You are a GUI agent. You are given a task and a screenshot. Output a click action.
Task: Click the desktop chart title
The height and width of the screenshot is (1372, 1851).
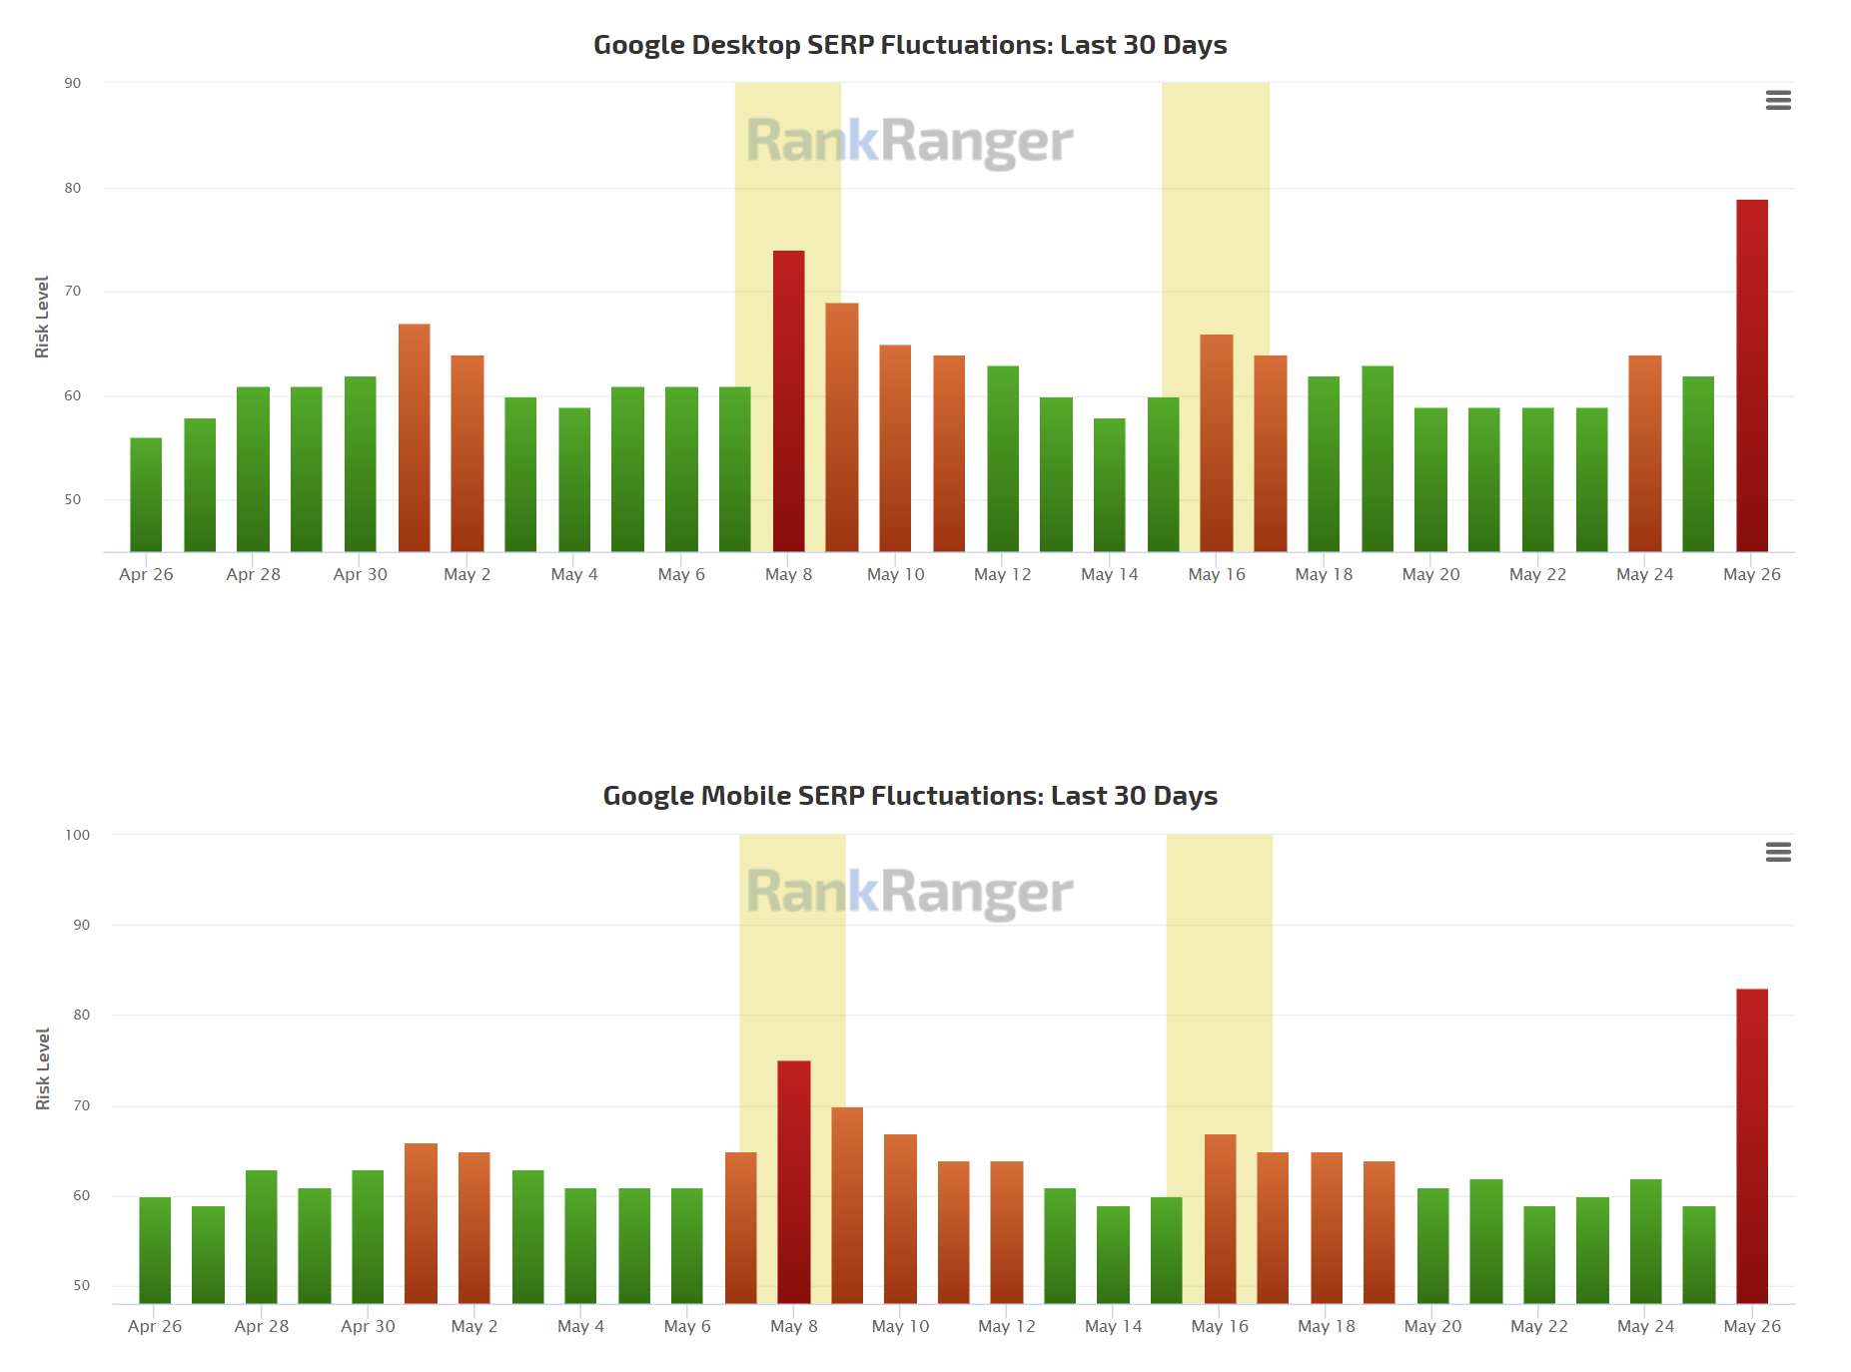pyautogui.click(x=910, y=45)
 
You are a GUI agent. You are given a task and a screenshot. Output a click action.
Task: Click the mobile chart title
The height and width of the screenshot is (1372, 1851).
pyautogui.click(x=910, y=796)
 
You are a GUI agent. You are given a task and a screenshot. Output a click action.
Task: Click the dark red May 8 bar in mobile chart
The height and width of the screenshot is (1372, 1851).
pyautogui.click(x=794, y=1182)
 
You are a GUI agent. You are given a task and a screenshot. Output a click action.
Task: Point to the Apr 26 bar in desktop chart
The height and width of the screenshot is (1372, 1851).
pyautogui.click(x=146, y=495)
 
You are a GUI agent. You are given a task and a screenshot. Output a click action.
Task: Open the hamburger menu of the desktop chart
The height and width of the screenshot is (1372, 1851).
pyautogui.click(x=1778, y=100)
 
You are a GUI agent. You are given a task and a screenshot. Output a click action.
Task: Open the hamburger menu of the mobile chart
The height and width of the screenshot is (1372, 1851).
pyautogui.click(x=1778, y=852)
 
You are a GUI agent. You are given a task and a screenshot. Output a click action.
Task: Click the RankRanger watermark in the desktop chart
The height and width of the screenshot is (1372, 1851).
pyautogui.click(x=909, y=141)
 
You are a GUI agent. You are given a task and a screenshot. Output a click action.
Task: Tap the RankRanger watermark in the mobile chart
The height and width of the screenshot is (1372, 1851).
pyautogui.click(x=909, y=892)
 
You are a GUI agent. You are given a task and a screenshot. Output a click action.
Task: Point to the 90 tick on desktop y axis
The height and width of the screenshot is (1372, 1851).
pyautogui.click(x=73, y=83)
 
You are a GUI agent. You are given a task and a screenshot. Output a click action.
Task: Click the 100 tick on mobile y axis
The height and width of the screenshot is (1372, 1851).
pyautogui.click(x=77, y=835)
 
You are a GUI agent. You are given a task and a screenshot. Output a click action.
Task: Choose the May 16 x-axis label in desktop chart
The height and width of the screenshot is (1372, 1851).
pyautogui.click(x=1217, y=574)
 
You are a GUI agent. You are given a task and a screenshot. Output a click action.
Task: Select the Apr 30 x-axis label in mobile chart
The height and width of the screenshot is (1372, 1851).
pyautogui.click(x=368, y=1326)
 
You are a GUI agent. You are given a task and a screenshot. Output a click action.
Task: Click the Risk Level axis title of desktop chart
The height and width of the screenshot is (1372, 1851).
pyautogui.click(x=42, y=317)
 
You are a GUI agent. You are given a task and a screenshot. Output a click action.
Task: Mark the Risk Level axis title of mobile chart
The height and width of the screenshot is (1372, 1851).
pyautogui.click(x=43, y=1068)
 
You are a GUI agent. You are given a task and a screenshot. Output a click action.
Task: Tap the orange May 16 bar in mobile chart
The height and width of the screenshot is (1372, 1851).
pyautogui.click(x=1220, y=1218)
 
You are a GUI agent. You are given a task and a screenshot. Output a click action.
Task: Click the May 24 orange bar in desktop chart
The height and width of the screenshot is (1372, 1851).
pyautogui.click(x=1644, y=453)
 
